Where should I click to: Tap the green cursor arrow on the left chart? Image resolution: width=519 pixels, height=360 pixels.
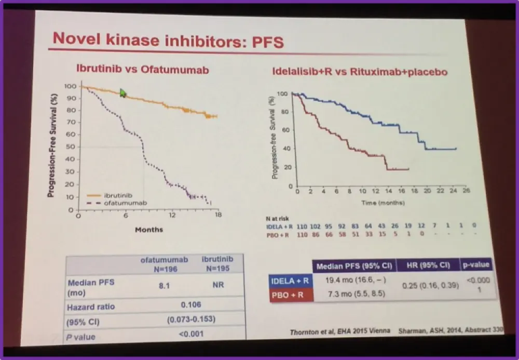pyautogui.click(x=123, y=93)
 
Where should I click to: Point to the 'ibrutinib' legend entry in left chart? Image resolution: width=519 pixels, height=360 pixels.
pyautogui.click(x=118, y=196)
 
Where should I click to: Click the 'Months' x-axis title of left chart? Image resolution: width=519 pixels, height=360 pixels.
pyautogui.click(x=149, y=229)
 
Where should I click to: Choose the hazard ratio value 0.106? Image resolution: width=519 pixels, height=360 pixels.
pyautogui.click(x=190, y=305)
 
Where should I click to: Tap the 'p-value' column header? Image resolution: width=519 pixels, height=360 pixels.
pyautogui.click(x=476, y=265)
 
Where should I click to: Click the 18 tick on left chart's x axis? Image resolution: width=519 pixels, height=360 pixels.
pyautogui.click(x=218, y=215)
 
